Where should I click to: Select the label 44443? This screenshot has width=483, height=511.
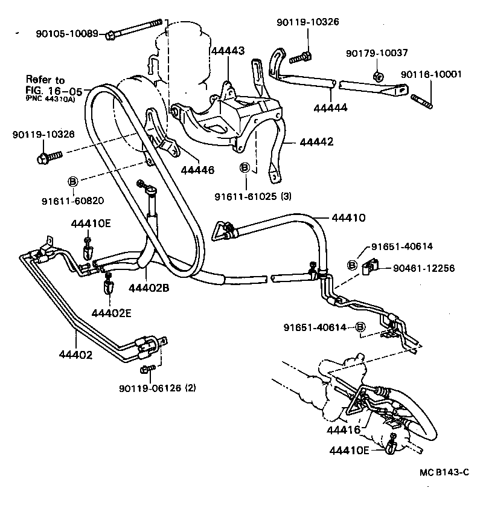pos(228,52)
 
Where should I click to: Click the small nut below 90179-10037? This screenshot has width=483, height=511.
pos(377,76)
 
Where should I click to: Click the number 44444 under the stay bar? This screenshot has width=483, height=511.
pos(331,108)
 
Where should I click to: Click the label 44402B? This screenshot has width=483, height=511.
pos(149,288)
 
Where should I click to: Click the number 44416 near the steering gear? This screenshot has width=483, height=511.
pos(344,430)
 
